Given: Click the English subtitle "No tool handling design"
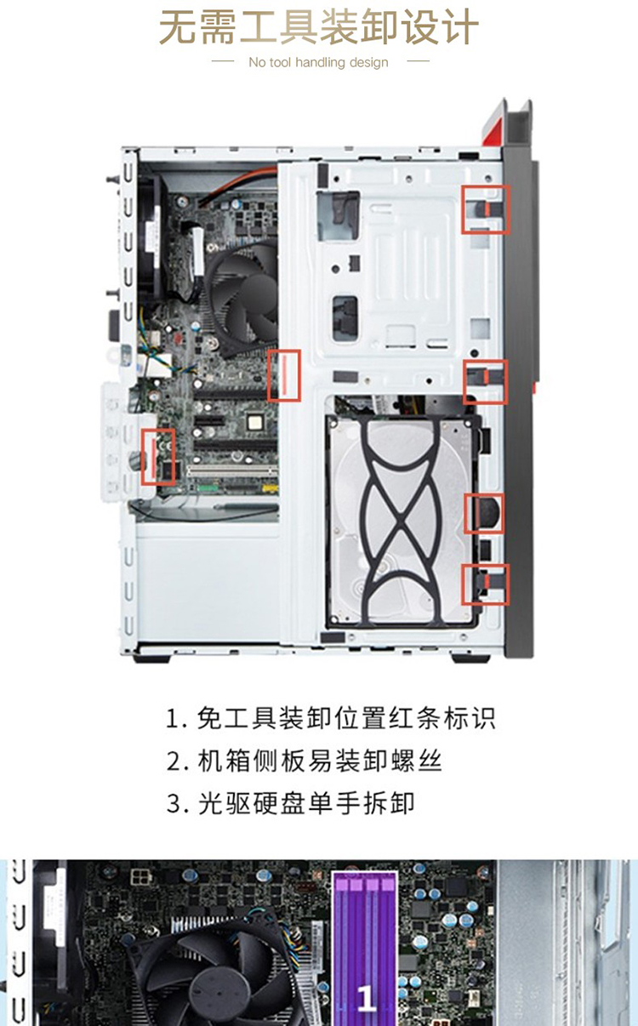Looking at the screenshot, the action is [x=318, y=62].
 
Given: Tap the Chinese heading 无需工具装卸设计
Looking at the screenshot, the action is [x=319, y=27].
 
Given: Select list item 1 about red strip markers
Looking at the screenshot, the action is [x=330, y=718].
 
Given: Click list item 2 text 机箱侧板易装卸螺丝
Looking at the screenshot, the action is [x=304, y=761].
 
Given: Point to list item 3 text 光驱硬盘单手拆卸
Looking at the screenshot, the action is [x=290, y=803].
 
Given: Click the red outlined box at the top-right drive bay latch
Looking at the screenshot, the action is [x=486, y=209].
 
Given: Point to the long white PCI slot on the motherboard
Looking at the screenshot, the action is [x=231, y=470].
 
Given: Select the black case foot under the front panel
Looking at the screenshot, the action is [x=470, y=659].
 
